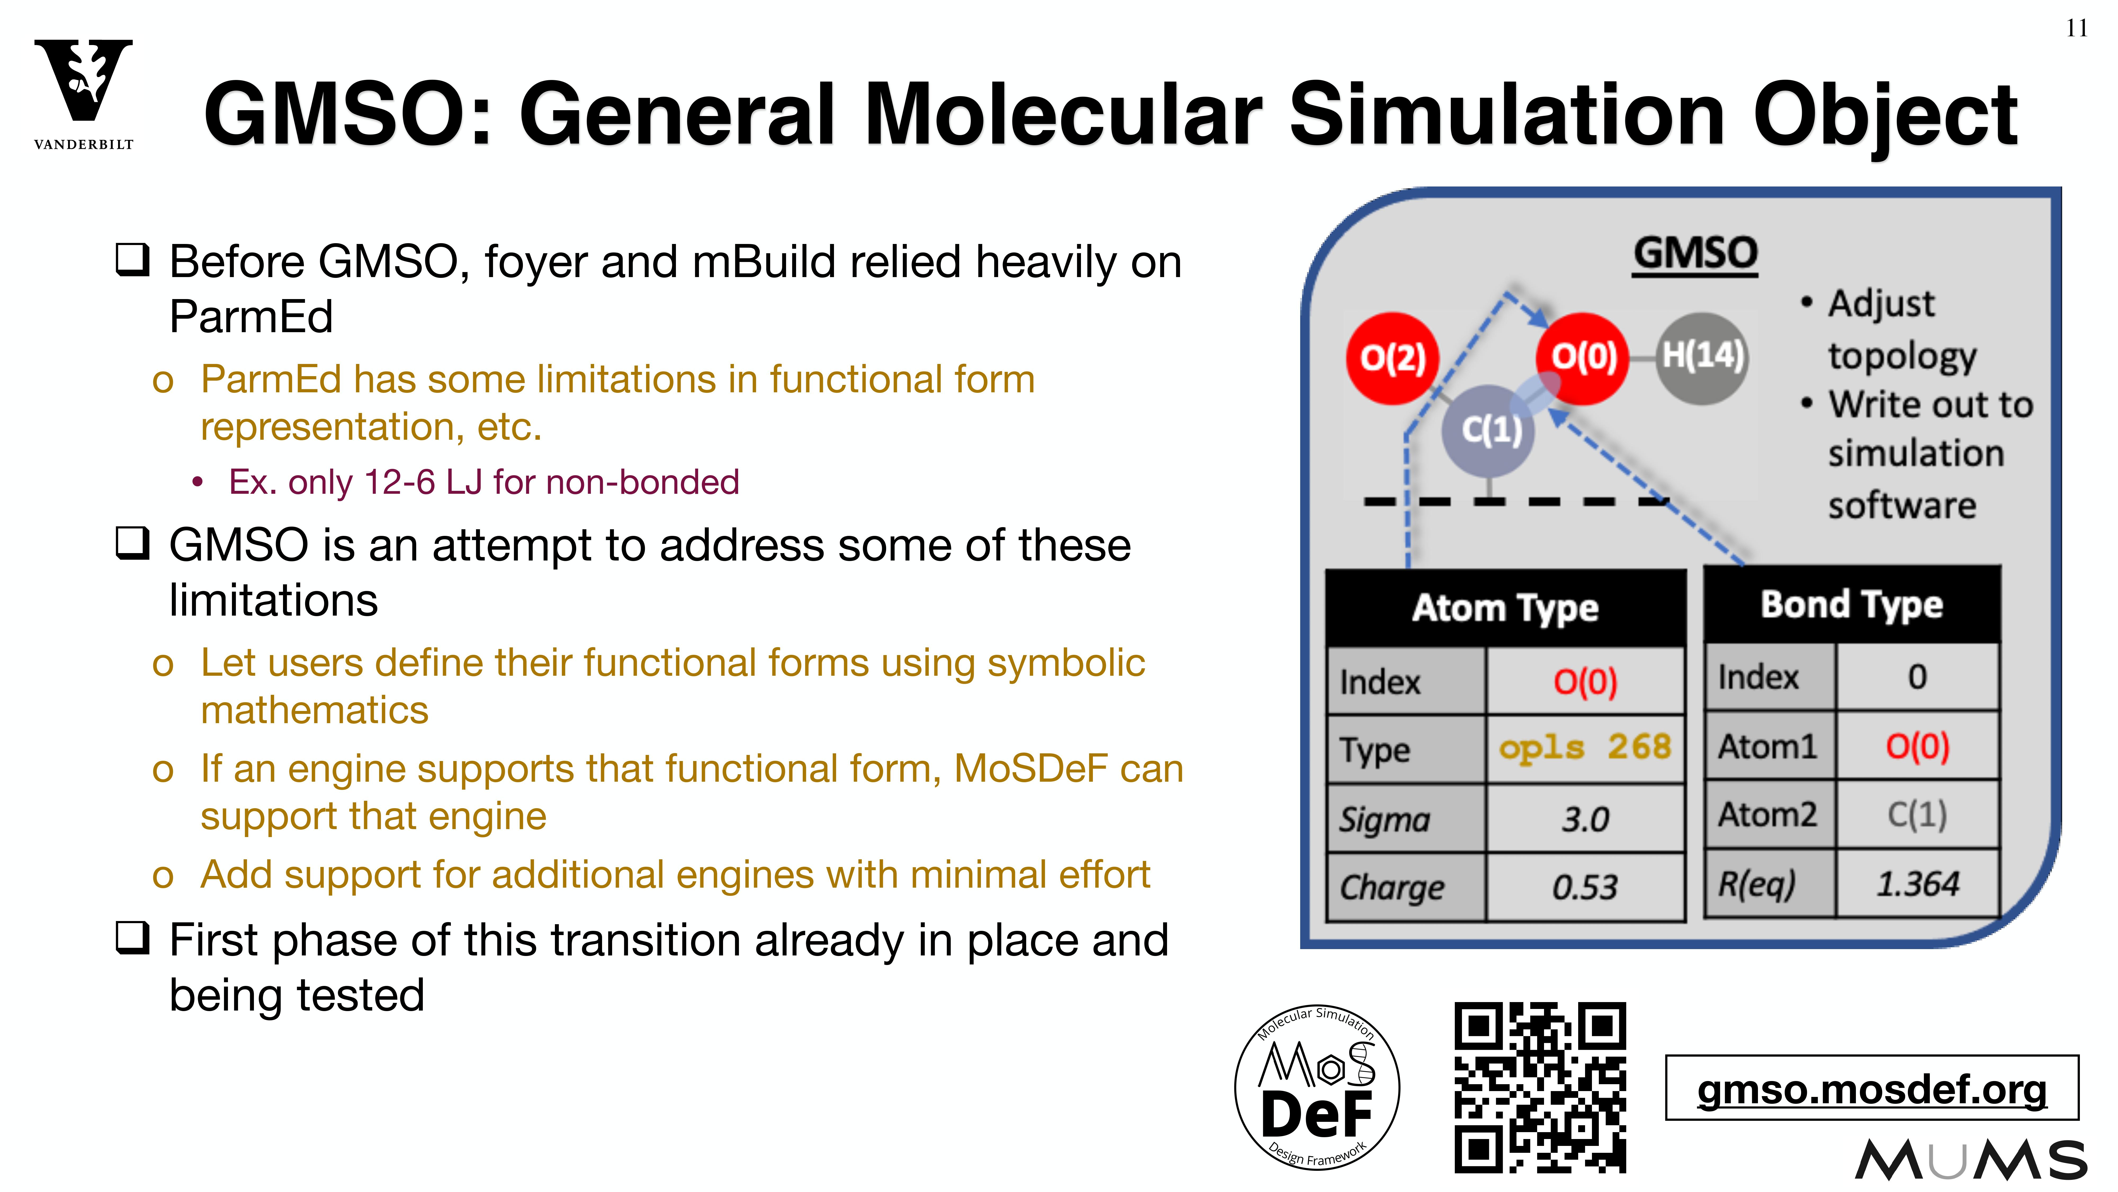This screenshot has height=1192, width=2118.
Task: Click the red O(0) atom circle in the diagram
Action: [1583, 358]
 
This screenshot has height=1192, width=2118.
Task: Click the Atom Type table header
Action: [1505, 608]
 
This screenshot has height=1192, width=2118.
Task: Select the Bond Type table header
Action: [1852, 605]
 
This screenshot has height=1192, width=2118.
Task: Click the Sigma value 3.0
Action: [1584, 819]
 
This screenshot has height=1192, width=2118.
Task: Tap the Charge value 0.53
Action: [1584, 887]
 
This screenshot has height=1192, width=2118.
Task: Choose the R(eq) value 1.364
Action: [1917, 883]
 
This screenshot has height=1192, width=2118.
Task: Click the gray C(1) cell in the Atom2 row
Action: [1917, 815]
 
